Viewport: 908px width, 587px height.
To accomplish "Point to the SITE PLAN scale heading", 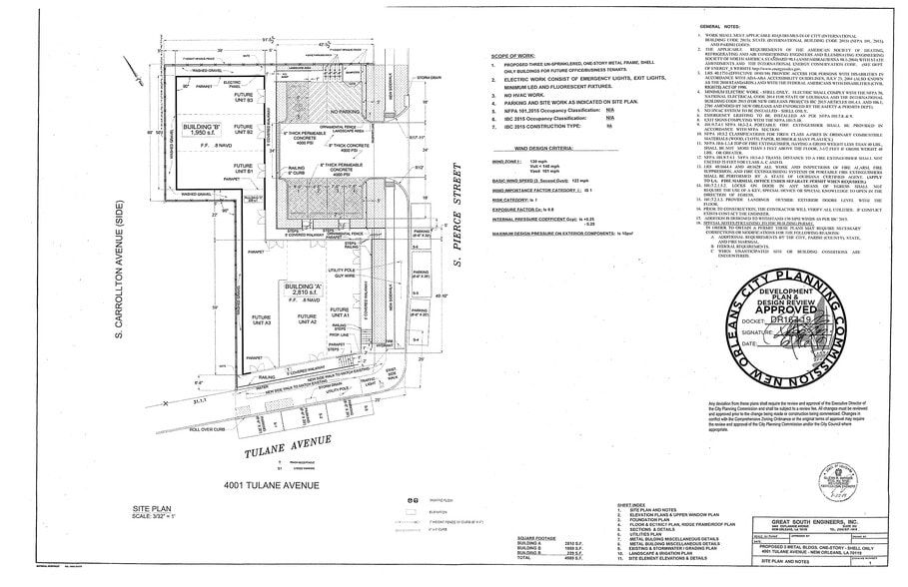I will pos(163,512).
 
